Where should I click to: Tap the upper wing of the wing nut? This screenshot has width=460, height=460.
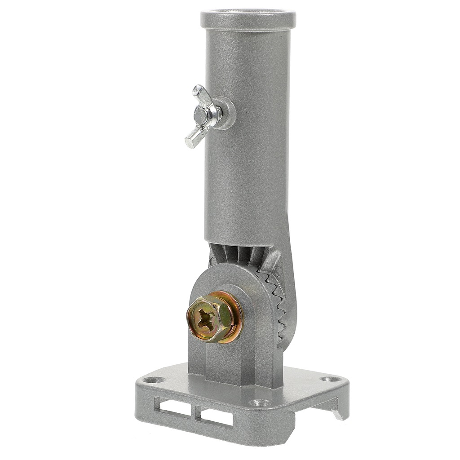(201, 95)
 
